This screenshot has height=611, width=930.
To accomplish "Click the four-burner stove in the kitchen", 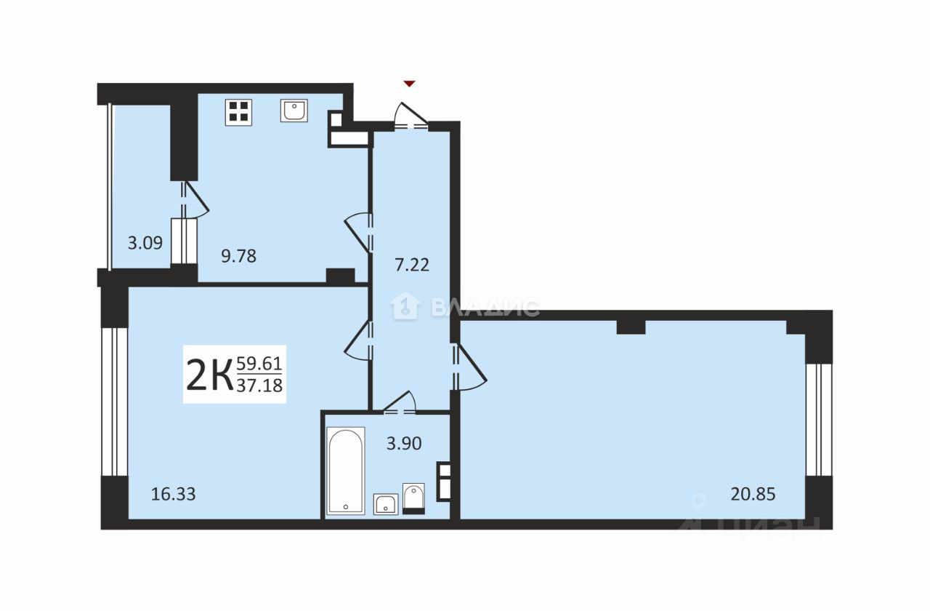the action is coord(239,112).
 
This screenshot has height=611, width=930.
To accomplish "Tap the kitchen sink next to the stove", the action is coord(294,111).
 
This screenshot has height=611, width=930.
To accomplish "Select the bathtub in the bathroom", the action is coord(346,471).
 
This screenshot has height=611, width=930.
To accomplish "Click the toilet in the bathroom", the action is coord(413,499).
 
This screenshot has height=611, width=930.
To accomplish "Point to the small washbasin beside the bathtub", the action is coord(386,504).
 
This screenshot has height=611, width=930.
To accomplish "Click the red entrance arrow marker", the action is coord(409,84).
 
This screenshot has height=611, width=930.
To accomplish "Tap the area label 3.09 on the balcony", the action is coord(145,243).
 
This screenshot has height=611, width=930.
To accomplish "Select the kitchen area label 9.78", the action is coord(239,256).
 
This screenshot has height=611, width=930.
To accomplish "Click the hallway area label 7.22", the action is coord(412,265).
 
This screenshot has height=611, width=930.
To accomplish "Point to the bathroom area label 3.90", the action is coord(404,444).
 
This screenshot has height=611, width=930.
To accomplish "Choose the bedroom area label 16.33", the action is coord(173,495).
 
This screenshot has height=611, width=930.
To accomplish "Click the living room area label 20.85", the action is coord(753,495).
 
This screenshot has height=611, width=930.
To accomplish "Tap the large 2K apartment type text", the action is coord(210,375).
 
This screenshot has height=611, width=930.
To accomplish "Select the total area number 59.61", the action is coord(259,364).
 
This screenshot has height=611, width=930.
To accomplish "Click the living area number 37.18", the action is coord(259,386).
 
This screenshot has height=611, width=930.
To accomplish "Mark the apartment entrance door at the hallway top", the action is coord(411,116).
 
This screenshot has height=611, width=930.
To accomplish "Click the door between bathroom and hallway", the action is coord(399,402).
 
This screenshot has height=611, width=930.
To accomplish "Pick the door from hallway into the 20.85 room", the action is coord(469,367).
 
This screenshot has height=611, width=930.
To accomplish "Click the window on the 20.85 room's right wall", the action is coord(819,420).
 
